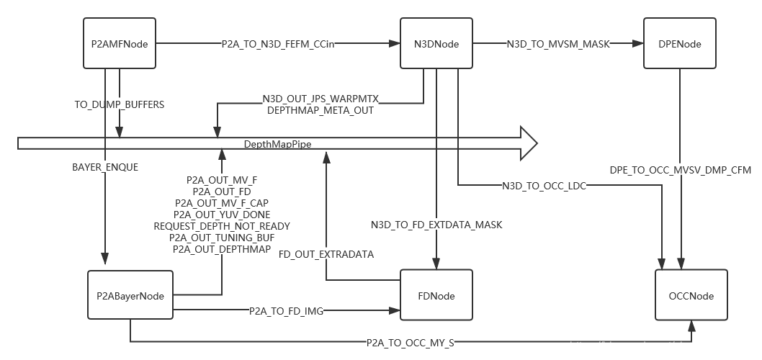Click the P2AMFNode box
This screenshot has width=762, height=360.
click(120, 44)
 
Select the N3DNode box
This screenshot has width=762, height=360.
click(436, 44)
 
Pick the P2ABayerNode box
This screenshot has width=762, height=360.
click(130, 296)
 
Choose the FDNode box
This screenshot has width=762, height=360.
click(436, 296)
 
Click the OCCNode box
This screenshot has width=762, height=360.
click(691, 296)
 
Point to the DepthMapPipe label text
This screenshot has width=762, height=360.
click(277, 144)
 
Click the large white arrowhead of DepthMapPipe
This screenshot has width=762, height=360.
click(528, 143)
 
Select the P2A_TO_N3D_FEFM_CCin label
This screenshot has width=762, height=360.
click(277, 44)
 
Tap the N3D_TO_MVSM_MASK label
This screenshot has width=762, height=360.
click(558, 44)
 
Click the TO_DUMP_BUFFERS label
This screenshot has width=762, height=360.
click(120, 104)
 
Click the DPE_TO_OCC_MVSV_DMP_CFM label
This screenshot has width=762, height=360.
click(681, 171)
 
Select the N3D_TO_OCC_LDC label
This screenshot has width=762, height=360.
click(544, 186)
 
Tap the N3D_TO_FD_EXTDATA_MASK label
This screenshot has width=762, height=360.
click(436, 225)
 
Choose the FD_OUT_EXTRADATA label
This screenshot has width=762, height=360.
click(327, 254)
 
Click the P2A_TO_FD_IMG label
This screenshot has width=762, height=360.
click(286, 311)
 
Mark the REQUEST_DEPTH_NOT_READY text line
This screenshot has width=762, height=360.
click(222, 225)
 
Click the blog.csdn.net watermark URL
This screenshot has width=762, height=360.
click(663, 346)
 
